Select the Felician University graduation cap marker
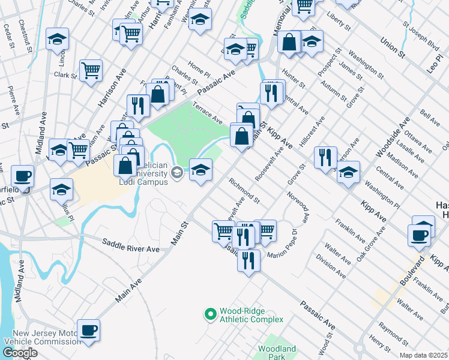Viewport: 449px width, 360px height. pos(177,173)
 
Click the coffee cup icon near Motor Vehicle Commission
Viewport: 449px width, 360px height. pos(88,330)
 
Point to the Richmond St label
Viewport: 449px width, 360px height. pos(244,190)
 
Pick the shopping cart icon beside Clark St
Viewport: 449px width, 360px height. pos(91,70)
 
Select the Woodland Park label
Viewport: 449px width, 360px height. pos(277,353)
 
